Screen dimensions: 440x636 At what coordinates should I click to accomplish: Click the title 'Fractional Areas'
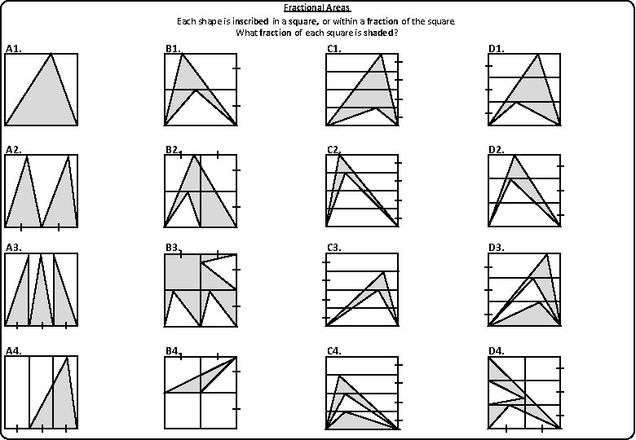(316, 7)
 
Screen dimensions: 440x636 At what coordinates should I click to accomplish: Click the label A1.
(13, 49)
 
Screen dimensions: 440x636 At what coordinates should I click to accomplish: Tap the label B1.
(173, 49)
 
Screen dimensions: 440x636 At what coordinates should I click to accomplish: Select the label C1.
(333, 49)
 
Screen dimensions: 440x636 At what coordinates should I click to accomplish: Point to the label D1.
(496, 49)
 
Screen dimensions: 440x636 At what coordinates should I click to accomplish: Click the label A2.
(13, 149)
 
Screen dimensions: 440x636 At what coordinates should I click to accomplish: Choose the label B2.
(172, 149)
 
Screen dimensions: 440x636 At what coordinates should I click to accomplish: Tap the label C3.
(333, 247)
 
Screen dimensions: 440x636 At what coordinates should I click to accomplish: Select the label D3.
(496, 247)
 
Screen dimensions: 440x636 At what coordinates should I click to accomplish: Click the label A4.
(13, 350)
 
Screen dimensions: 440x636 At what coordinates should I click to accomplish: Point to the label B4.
(172, 350)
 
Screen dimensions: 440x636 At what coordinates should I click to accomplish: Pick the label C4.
(333, 350)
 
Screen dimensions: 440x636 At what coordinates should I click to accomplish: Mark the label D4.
(496, 350)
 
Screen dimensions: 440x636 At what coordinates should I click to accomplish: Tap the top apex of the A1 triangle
(51, 55)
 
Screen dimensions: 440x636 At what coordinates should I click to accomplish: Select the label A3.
(13, 247)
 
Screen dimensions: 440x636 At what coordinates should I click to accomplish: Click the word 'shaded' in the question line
(378, 33)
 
